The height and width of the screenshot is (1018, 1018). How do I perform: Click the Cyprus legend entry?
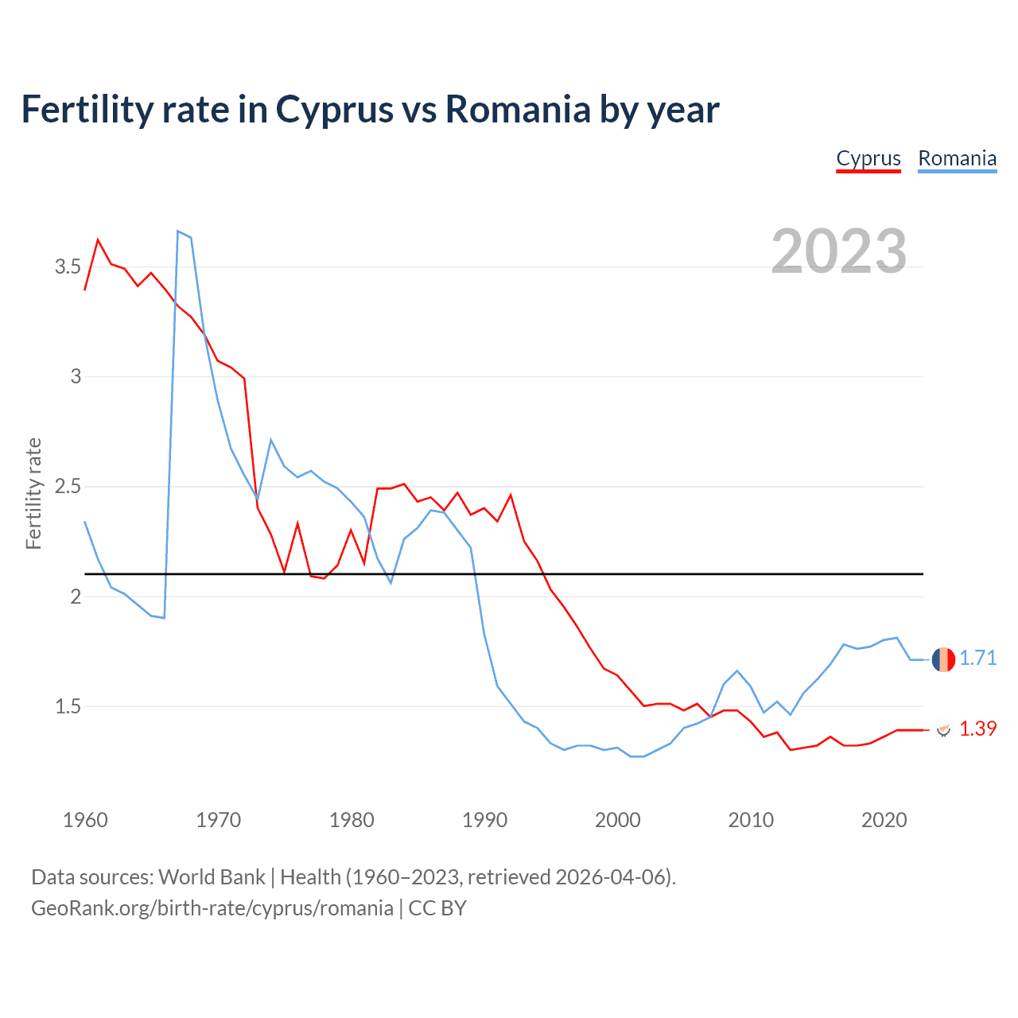[x=868, y=159]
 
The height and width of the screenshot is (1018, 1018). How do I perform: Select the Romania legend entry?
[x=957, y=159]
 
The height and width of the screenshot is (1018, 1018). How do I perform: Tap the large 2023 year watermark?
[x=839, y=251]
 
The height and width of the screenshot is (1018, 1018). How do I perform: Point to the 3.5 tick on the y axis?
[x=68, y=266]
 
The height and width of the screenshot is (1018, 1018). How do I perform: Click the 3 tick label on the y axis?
[x=76, y=377]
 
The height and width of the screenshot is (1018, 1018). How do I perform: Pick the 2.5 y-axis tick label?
[x=68, y=487]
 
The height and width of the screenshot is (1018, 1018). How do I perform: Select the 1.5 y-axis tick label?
[x=68, y=707]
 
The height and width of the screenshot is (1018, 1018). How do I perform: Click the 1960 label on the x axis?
[x=85, y=820]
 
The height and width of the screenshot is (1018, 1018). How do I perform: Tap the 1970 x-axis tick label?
[x=218, y=820]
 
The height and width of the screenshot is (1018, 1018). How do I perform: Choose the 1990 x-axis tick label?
[x=484, y=820]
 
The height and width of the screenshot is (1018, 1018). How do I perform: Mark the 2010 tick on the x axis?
[x=751, y=820]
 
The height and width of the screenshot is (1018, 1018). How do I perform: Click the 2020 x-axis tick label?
[x=884, y=820]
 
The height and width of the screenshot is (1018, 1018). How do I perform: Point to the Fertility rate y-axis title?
[x=33, y=493]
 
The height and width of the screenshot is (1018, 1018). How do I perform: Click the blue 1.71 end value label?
[x=977, y=659]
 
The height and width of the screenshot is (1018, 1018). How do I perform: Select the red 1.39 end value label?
[x=977, y=729]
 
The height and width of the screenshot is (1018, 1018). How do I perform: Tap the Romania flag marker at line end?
[x=943, y=659]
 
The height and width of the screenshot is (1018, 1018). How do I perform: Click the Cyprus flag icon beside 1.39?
[x=943, y=729]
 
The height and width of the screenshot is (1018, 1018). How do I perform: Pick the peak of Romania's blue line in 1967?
[x=178, y=231]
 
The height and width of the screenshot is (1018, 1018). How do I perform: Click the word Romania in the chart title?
[x=518, y=110]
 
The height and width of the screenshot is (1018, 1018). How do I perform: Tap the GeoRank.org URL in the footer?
[x=212, y=908]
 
